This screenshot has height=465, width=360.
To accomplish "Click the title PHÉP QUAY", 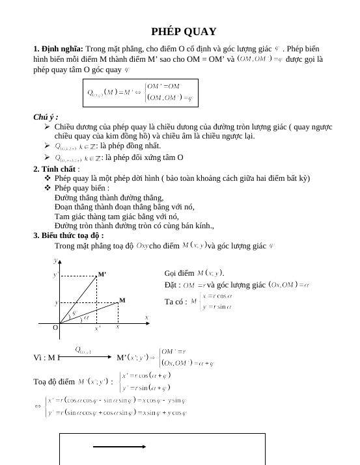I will [x=184, y=32].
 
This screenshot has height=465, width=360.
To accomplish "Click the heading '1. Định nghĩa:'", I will [x=58, y=49].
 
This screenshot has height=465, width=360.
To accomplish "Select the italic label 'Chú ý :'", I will [x=46, y=117].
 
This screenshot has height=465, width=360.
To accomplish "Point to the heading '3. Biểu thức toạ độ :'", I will [x=68, y=235].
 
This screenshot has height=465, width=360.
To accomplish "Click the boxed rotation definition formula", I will [x=140, y=93].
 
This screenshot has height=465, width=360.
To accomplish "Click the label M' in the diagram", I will [x=102, y=274].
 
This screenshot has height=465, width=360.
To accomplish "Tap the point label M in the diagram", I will [x=122, y=300].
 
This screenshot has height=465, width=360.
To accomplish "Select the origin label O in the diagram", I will [x=55, y=328].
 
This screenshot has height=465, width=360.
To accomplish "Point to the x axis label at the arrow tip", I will [x=146, y=317].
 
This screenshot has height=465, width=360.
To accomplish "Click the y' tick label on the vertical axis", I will [x=55, y=275].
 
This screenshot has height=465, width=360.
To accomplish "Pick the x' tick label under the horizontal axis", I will [x=98, y=328].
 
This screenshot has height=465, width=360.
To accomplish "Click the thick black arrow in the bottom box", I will [x=119, y=447].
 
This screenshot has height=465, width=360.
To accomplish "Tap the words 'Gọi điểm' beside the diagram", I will [x=180, y=273].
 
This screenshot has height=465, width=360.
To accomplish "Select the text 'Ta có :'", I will [x=176, y=302].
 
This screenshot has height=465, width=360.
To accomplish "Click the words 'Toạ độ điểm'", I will [x=54, y=382].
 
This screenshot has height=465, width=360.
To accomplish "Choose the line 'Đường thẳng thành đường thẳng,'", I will [x=109, y=198].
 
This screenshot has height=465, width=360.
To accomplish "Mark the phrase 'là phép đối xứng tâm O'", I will [x=144, y=158].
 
